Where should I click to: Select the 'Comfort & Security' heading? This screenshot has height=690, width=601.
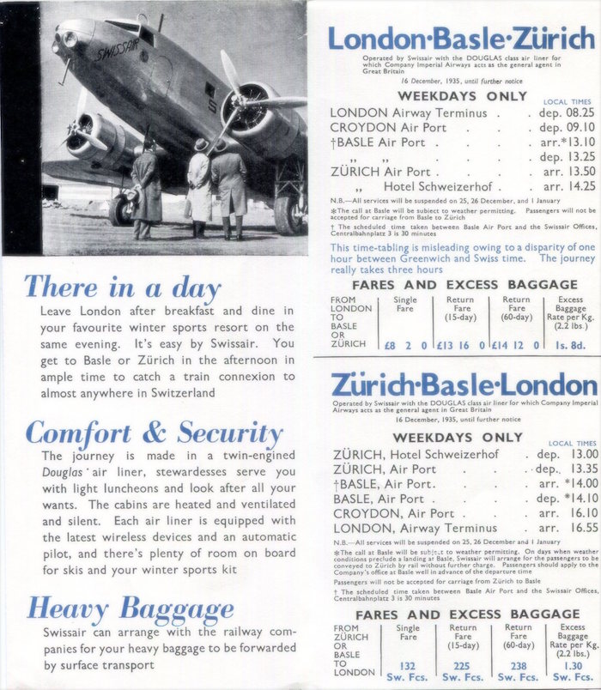(x=154, y=433)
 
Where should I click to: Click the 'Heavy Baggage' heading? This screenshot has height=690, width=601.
(x=130, y=609)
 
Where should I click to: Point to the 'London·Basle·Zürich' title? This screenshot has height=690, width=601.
(x=460, y=38)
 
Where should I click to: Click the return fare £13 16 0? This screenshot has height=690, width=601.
(x=463, y=344)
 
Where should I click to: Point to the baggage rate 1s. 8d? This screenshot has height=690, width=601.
(x=569, y=344)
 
